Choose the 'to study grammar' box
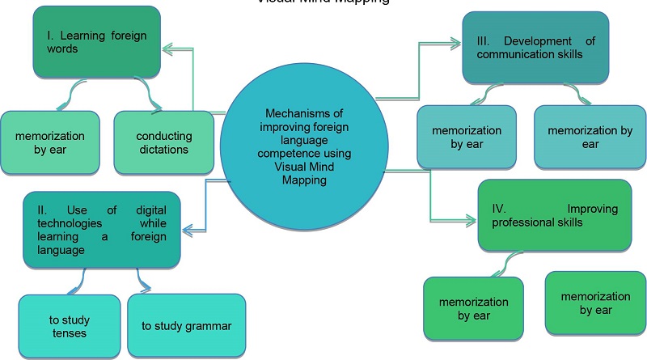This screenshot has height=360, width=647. [186, 326]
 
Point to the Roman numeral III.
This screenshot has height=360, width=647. [480, 40]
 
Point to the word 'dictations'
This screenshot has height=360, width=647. [164, 149]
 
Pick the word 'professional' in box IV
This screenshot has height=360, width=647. [522, 222]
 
